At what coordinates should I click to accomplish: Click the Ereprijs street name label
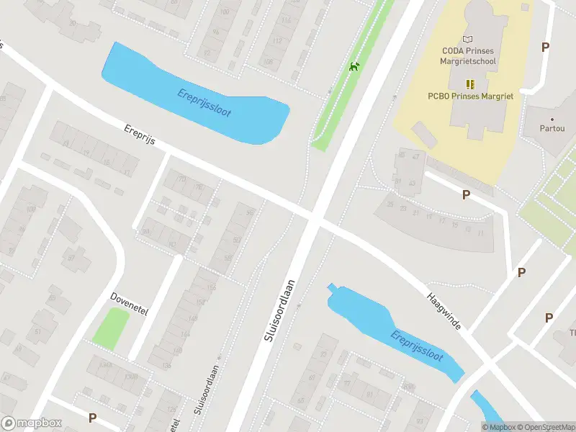click(140, 135)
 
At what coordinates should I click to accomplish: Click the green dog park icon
click(354, 67)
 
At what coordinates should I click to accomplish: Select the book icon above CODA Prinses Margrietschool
click(469, 39)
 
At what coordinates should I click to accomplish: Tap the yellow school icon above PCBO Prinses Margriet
click(469, 84)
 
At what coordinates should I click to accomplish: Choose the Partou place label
click(552, 129)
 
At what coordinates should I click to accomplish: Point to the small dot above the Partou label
click(552, 119)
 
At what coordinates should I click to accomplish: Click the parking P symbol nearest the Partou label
click(545, 47)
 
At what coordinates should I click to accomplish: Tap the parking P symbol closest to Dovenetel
click(92, 418)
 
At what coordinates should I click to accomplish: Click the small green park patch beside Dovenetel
click(111, 328)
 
